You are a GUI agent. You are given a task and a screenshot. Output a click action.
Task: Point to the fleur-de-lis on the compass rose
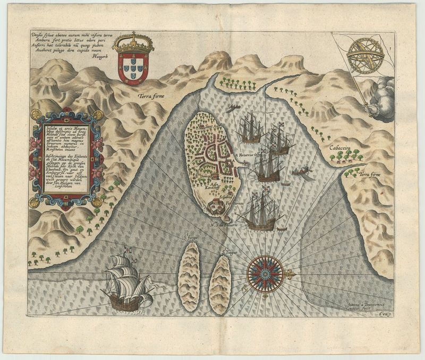coord(290,275)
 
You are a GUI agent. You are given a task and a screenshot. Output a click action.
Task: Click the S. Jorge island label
coord(190,237)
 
